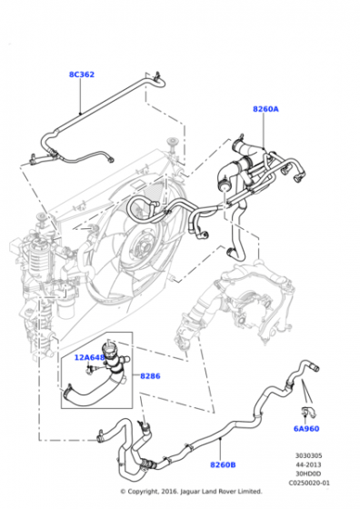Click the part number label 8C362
[81, 75]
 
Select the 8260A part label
[265, 109]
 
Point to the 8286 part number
[150, 374]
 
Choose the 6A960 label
[305, 427]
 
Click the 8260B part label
[223, 465]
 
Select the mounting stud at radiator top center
[168, 141]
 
